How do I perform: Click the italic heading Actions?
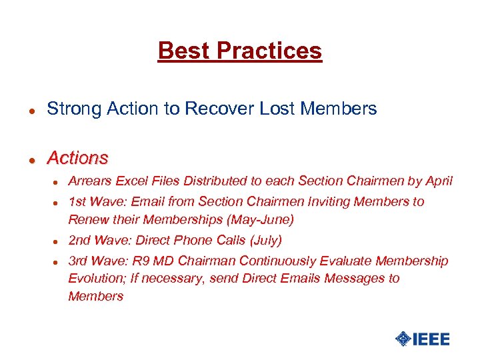[x=77, y=158]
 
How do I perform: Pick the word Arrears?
[x=90, y=181]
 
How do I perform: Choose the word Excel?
[x=131, y=181]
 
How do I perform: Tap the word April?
[x=438, y=181]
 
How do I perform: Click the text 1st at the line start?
[x=77, y=202]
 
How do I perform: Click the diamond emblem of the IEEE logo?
[x=403, y=339]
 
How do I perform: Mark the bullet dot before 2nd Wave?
[x=57, y=241]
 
